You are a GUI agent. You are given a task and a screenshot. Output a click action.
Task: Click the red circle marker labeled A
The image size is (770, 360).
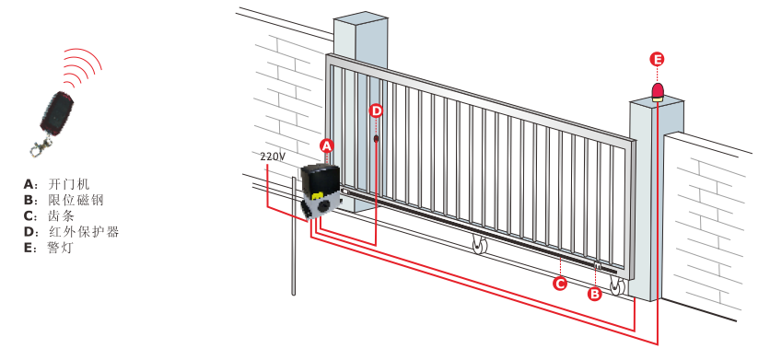click(327, 145)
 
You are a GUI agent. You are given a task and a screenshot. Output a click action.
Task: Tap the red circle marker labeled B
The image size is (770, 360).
click(595, 295)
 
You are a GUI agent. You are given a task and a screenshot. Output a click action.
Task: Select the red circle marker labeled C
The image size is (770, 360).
click(559, 284)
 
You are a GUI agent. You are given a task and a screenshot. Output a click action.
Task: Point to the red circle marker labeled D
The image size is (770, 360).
click(376, 111)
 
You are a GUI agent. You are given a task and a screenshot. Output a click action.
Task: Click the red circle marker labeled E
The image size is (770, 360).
click(657, 60)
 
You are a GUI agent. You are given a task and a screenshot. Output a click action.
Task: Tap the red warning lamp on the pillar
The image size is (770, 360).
click(657, 93)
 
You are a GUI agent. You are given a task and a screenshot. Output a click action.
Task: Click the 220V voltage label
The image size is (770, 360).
click(273, 157)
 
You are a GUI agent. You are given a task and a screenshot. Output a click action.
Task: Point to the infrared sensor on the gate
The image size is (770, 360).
click(376, 139)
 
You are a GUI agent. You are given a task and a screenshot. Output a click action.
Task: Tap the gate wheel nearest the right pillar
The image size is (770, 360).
click(617, 286)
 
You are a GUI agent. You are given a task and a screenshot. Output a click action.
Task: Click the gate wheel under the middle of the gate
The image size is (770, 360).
click(478, 245)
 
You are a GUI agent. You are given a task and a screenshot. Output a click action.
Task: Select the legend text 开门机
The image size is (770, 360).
click(69, 185)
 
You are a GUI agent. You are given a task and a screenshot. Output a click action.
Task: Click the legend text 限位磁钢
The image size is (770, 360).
click(76, 201)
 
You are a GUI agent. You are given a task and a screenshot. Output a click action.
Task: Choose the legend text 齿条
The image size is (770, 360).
click(62, 216)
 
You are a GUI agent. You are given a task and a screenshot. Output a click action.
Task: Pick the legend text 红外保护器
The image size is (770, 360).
click(84, 232)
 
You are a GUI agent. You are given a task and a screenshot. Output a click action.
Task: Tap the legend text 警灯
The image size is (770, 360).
click(62, 248)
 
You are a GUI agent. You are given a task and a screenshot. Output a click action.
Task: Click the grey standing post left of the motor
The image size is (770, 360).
click(294, 237)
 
